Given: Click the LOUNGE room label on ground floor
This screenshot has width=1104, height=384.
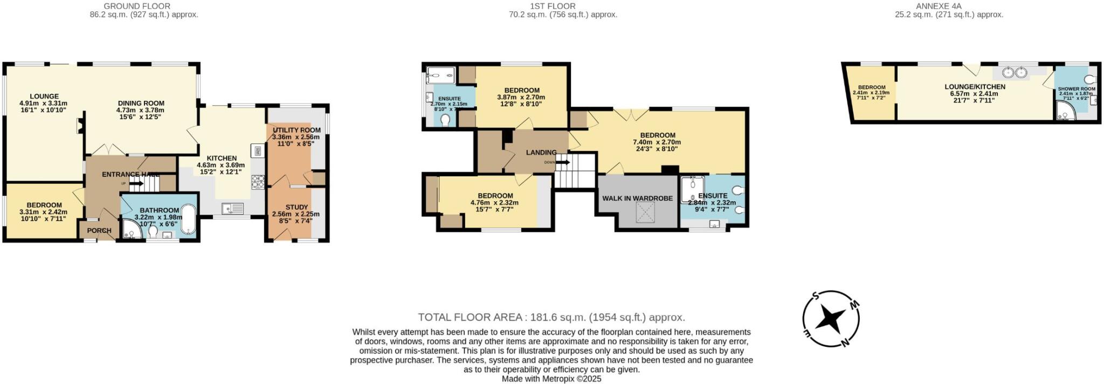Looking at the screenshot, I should tap(44, 97).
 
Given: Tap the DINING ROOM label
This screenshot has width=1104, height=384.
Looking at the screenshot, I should tap(141, 104).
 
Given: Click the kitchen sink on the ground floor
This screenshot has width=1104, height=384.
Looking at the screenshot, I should tap(232, 208).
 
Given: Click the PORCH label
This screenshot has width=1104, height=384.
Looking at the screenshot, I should tap(99, 230).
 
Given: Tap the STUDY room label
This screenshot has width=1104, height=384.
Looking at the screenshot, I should tap(296, 207).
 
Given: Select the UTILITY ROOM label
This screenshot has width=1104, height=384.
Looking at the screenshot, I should tap(296, 130).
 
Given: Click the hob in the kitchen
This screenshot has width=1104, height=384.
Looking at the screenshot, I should tap(257, 182).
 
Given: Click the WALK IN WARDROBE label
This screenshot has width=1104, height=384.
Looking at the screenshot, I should tap(637, 198).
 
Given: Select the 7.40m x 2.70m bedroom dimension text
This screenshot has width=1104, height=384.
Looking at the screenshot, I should tap(657, 142).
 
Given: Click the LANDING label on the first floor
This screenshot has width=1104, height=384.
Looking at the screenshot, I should tap(541, 153).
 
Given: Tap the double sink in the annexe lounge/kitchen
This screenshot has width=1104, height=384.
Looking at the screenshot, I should tap(1015, 73).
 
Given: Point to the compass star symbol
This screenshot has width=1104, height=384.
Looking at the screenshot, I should tap(830, 319).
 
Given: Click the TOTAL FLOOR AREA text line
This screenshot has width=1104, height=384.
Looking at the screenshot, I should tap(551, 317).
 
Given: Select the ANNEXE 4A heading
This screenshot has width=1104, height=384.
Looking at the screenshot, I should tap(949, 6).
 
